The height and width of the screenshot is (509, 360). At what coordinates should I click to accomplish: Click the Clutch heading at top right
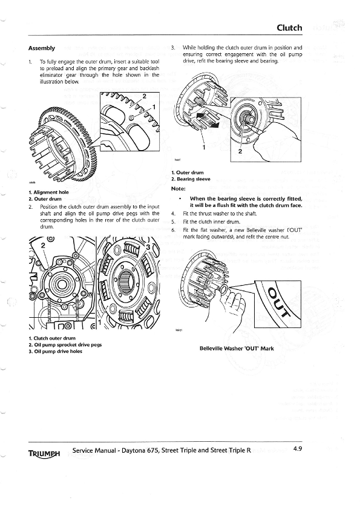(x=293, y=28)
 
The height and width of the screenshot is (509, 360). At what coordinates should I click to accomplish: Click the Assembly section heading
(x=42, y=48)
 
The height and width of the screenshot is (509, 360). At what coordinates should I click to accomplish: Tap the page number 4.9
(x=298, y=449)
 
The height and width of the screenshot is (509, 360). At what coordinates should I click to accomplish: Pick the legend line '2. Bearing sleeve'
(x=191, y=179)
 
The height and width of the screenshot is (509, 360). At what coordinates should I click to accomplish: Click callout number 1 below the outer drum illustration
(x=204, y=146)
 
